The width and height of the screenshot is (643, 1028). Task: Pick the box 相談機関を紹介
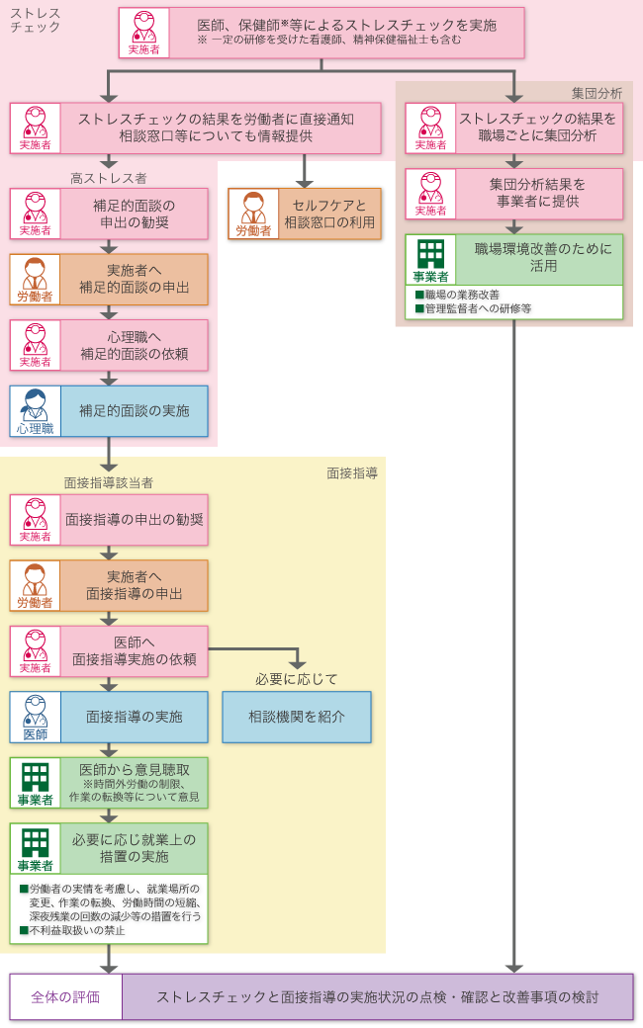[x=297, y=717]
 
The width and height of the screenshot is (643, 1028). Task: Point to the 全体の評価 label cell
[x=65, y=996]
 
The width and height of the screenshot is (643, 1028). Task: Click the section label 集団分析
[x=597, y=93]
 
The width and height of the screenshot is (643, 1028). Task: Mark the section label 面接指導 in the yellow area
[x=352, y=473]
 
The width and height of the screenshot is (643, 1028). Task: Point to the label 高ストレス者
[x=109, y=178]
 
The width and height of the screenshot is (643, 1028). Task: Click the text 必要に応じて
[x=297, y=679]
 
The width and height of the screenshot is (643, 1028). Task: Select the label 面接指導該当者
[x=109, y=482]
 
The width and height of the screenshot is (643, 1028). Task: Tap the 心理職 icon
[x=36, y=410]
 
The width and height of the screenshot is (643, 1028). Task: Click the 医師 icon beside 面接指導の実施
[x=36, y=717]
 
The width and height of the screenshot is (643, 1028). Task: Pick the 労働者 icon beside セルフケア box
[x=253, y=214]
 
